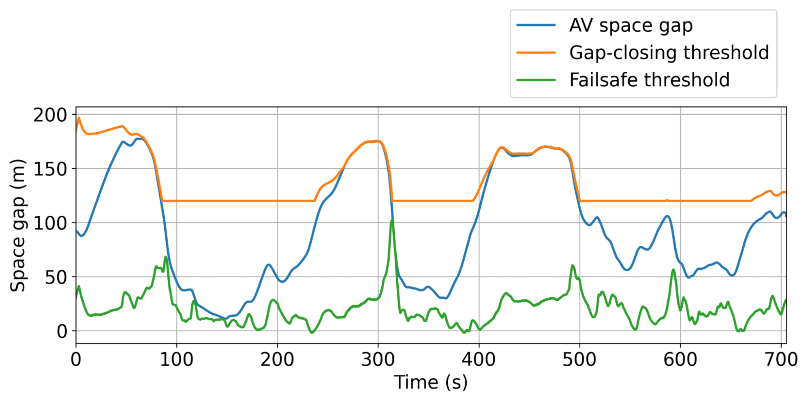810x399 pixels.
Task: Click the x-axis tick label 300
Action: [378, 360]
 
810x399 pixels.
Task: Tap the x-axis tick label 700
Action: [781, 360]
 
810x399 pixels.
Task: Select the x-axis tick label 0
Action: [76, 360]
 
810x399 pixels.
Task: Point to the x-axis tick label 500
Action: [579, 360]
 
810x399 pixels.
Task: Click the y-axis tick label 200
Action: [50, 115]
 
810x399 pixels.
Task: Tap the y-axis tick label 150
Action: [50, 169]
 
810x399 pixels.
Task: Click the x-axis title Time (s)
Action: [431, 382]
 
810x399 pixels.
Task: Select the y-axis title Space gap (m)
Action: [18, 225]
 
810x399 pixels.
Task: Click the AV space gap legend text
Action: [630, 26]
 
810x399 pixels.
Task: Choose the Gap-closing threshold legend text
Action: [669, 53]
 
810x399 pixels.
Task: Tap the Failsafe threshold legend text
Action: [649, 80]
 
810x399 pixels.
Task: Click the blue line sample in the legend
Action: [536, 26]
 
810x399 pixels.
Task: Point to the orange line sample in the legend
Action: [536, 53]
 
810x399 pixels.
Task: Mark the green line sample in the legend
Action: [536, 80]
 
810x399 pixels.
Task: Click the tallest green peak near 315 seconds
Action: [392, 220]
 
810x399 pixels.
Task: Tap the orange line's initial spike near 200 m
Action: [79, 118]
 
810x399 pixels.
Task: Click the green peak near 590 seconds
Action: [673, 270]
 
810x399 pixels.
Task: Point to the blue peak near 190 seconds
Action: [268, 265]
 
